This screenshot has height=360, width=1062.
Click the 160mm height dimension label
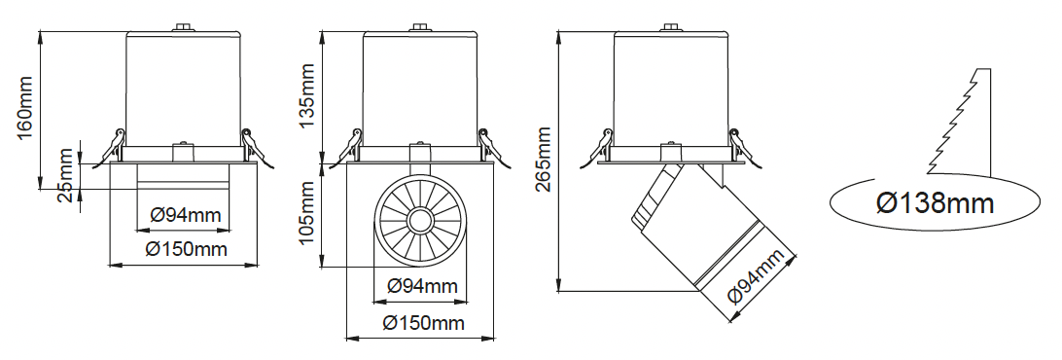pos(25,108)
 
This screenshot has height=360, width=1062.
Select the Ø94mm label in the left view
pos(186,216)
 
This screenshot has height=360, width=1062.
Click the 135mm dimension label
pos(307,94)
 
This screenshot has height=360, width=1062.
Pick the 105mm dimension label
pos(307,213)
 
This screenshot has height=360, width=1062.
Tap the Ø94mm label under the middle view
pos(423,286)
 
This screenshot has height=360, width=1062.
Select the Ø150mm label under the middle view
pos(424,323)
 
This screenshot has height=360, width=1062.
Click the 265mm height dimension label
pos(544,160)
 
